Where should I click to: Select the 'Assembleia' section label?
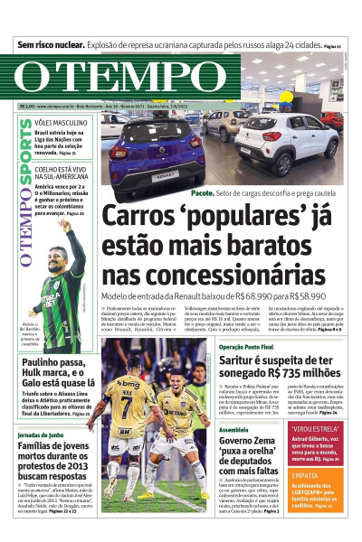[x=233, y=430]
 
